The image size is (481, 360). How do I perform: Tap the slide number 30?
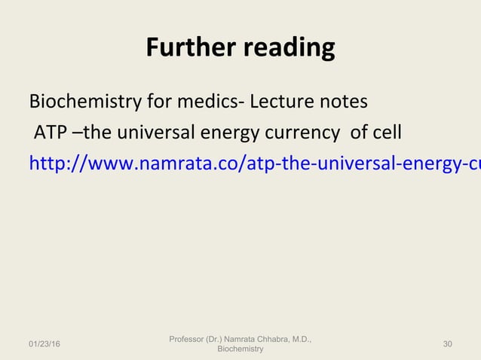(x=448, y=344)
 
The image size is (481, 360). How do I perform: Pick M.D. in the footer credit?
(x=302, y=340)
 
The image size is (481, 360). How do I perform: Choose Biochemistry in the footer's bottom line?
(x=240, y=349)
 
